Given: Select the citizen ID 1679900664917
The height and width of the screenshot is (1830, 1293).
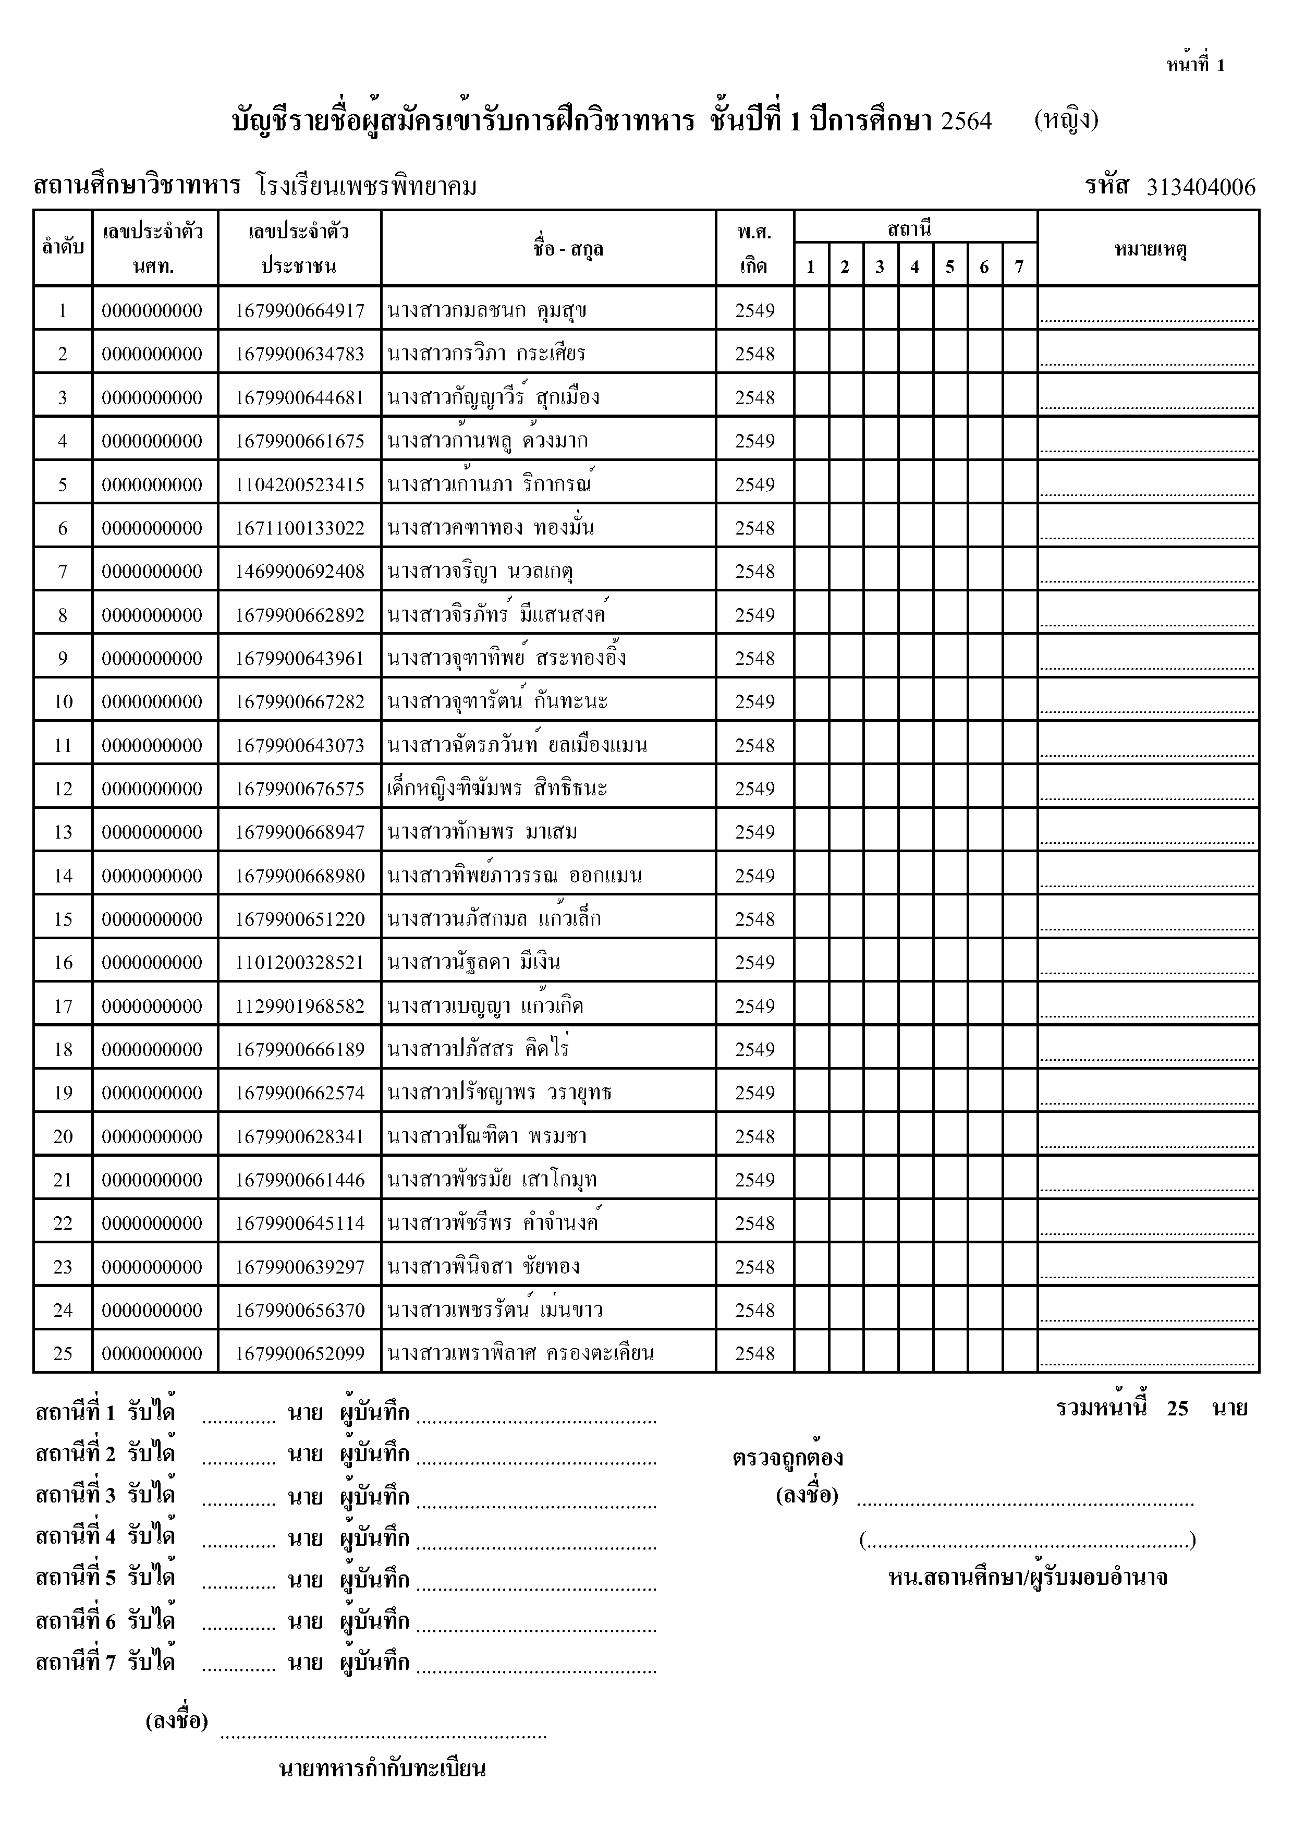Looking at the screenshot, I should [300, 311].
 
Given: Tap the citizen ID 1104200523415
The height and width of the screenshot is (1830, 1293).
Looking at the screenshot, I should [300, 484].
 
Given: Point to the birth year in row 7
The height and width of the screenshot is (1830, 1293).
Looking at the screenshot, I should [754, 572].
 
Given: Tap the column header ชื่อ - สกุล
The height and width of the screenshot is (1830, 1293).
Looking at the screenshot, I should [568, 249].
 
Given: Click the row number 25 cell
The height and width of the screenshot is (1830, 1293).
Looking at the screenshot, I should [63, 1353].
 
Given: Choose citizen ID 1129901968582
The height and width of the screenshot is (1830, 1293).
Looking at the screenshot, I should [300, 1007].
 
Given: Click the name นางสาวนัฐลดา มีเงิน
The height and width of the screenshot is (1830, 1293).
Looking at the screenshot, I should [473, 963].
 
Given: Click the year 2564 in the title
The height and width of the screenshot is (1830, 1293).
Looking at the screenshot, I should [967, 121].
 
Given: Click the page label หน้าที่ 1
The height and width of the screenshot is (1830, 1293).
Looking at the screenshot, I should [1195, 65].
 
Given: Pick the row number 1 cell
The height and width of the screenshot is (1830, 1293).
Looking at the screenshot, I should [63, 311].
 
